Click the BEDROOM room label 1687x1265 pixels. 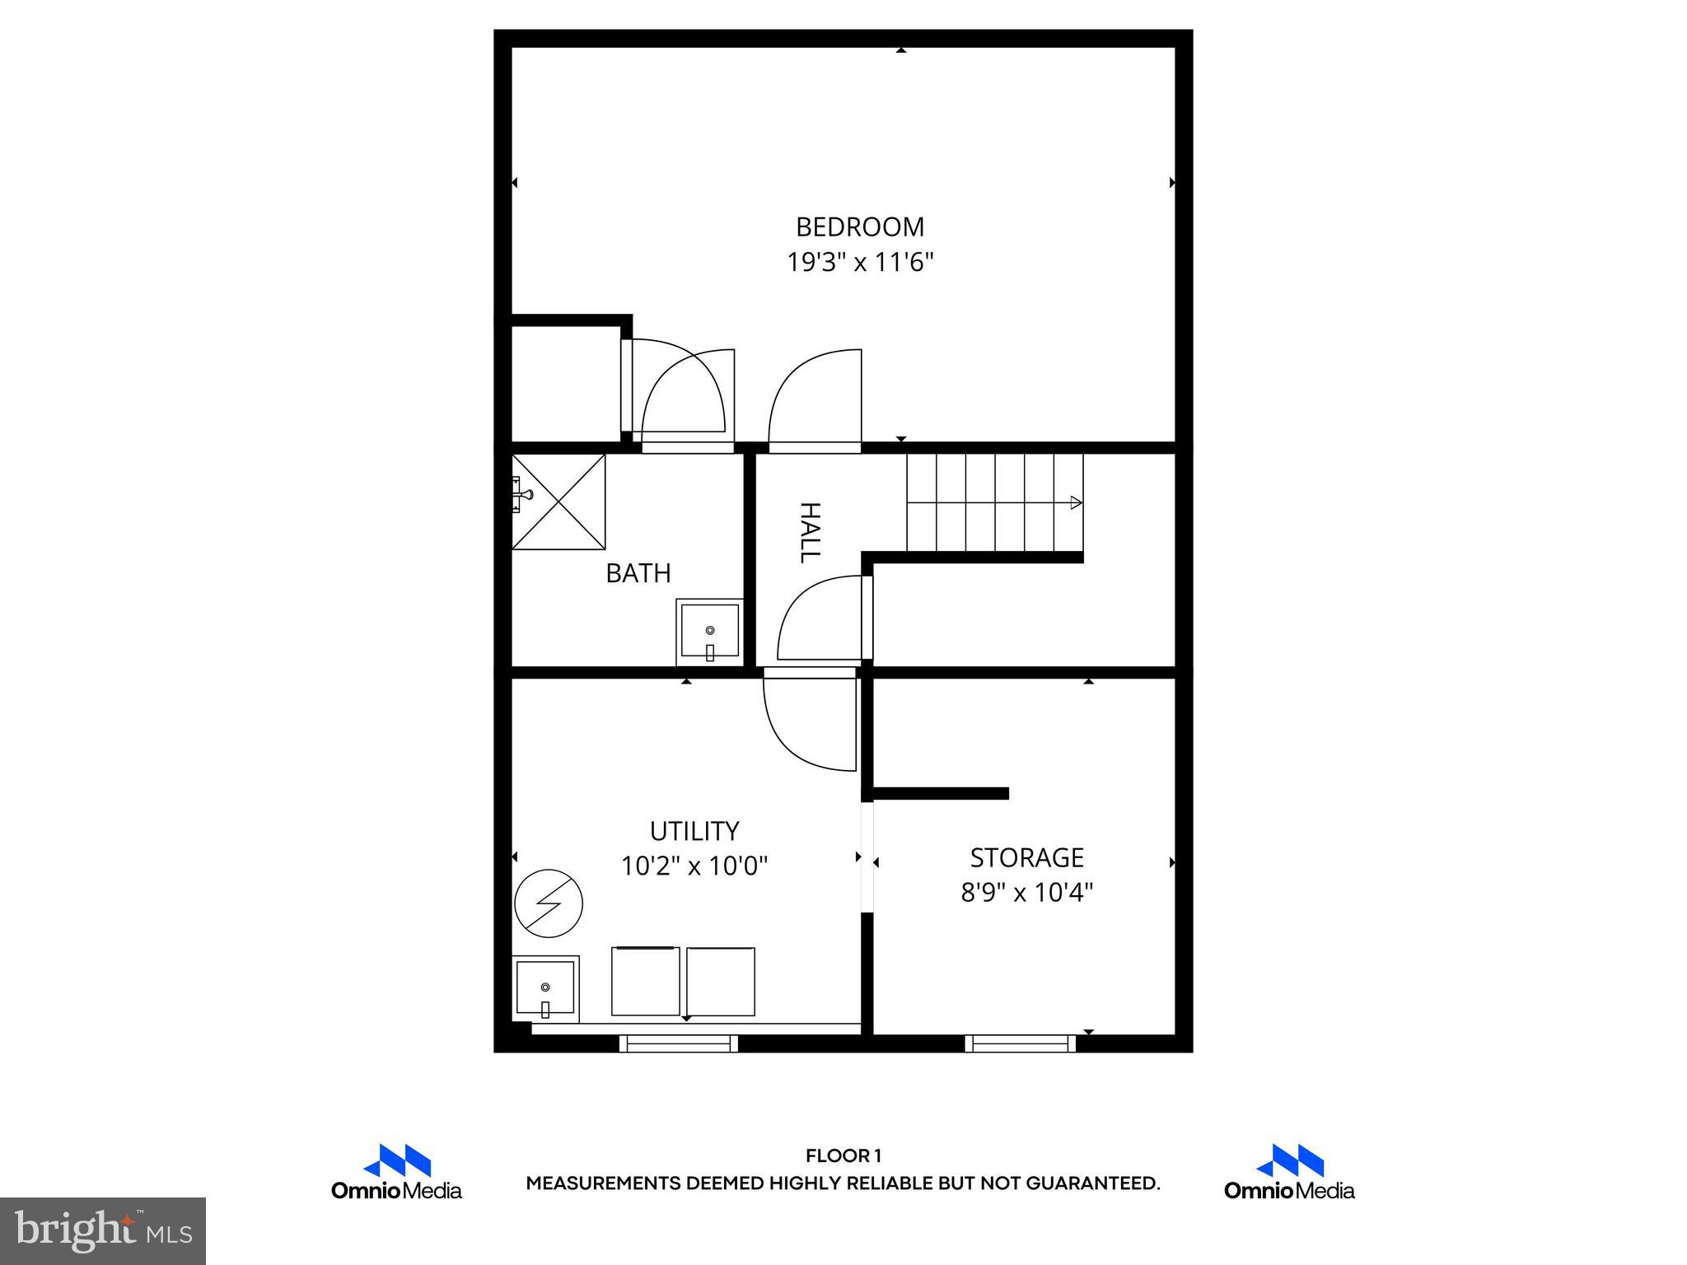[860, 226]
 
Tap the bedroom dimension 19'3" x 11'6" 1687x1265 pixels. [860, 263]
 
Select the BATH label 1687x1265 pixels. [638, 573]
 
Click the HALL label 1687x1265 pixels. [810, 532]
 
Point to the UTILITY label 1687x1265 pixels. [694, 830]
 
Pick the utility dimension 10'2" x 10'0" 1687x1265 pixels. [694, 866]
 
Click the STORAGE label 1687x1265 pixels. [1026, 857]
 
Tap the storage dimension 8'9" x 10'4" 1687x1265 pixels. [1026, 893]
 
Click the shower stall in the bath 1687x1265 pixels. [558, 502]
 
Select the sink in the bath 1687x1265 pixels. [709, 632]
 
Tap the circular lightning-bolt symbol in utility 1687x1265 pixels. [549, 903]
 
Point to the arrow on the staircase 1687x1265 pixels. [1076, 502]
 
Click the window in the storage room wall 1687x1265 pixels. [1021, 1043]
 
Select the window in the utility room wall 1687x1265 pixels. [679, 1043]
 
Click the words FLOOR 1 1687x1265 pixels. [843, 1156]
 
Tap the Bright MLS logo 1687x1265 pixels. [103, 1230]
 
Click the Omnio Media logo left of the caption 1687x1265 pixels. [396, 1171]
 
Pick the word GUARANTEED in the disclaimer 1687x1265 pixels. [1091, 1183]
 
